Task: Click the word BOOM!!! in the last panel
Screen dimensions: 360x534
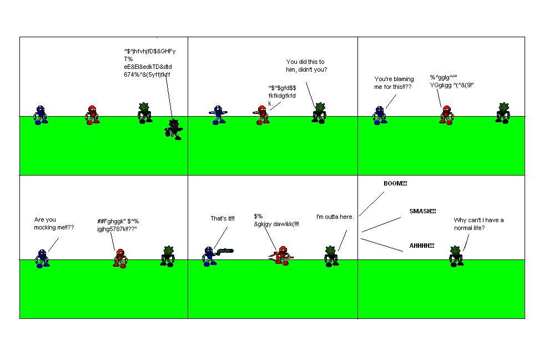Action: pos(395,183)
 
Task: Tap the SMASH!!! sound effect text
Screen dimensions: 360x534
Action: pos(422,211)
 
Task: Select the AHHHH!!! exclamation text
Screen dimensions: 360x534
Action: pos(421,246)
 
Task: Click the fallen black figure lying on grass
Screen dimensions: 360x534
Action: pos(174,129)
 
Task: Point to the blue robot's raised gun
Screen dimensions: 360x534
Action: pos(225,251)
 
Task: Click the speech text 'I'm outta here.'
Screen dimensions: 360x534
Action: pos(335,217)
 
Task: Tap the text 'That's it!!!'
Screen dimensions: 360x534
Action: pos(222,218)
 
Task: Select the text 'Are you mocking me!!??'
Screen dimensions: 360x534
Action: pos(54,223)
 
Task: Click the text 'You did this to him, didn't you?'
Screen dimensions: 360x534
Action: pos(306,66)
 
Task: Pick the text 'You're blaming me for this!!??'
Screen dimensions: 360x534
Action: pos(394,83)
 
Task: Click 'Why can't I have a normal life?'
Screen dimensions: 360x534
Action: pos(478,224)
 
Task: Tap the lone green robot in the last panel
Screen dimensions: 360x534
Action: pos(456,256)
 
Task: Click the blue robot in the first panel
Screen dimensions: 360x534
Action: pos(39,115)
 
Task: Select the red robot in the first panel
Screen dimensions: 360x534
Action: pos(93,115)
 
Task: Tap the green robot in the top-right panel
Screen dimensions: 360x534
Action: pos(503,112)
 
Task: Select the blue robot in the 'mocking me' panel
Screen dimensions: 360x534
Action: pos(42,258)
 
